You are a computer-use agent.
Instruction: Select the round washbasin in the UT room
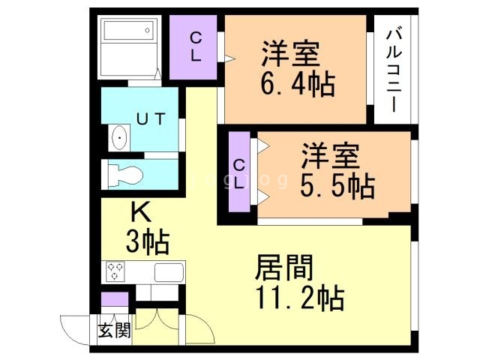pyautogui.click(x=118, y=139)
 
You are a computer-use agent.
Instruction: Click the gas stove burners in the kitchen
pyautogui.click(x=115, y=270)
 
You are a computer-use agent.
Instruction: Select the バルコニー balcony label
pyautogui.click(x=395, y=67)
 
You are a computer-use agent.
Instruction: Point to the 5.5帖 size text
pyautogui.click(x=337, y=184)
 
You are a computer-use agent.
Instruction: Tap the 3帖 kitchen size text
pyautogui.click(x=146, y=241)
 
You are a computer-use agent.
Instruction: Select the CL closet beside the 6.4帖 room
pyautogui.click(x=194, y=46)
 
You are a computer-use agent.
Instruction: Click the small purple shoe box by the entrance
pyautogui.click(x=115, y=301)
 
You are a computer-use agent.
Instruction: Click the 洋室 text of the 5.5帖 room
pyautogui.click(x=331, y=155)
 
